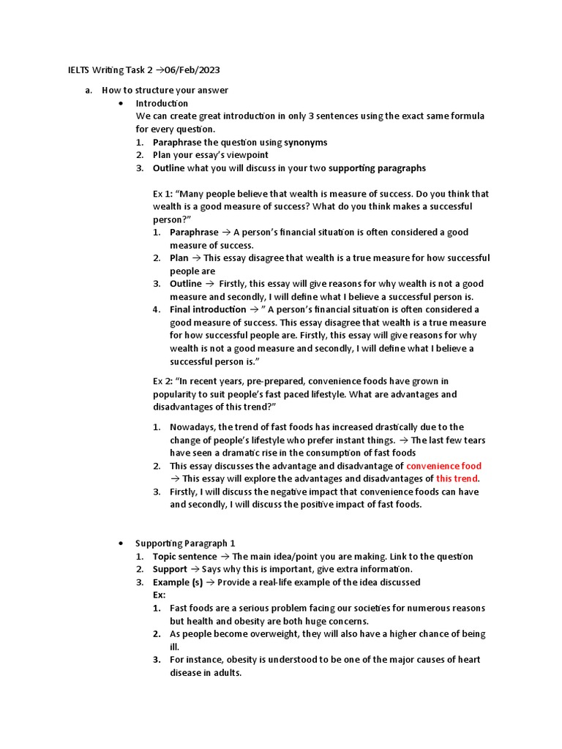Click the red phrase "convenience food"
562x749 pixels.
[443, 466]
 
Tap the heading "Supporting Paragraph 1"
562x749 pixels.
[185, 543]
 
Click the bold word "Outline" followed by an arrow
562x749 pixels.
[186, 284]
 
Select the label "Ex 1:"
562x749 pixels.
[163, 194]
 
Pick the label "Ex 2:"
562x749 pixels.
[163, 381]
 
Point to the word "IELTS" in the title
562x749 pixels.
[71, 69]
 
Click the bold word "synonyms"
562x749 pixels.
[305, 143]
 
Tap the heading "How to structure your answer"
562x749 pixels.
[165, 91]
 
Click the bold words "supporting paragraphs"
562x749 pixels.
[377, 168]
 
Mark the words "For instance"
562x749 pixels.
[195, 660]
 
